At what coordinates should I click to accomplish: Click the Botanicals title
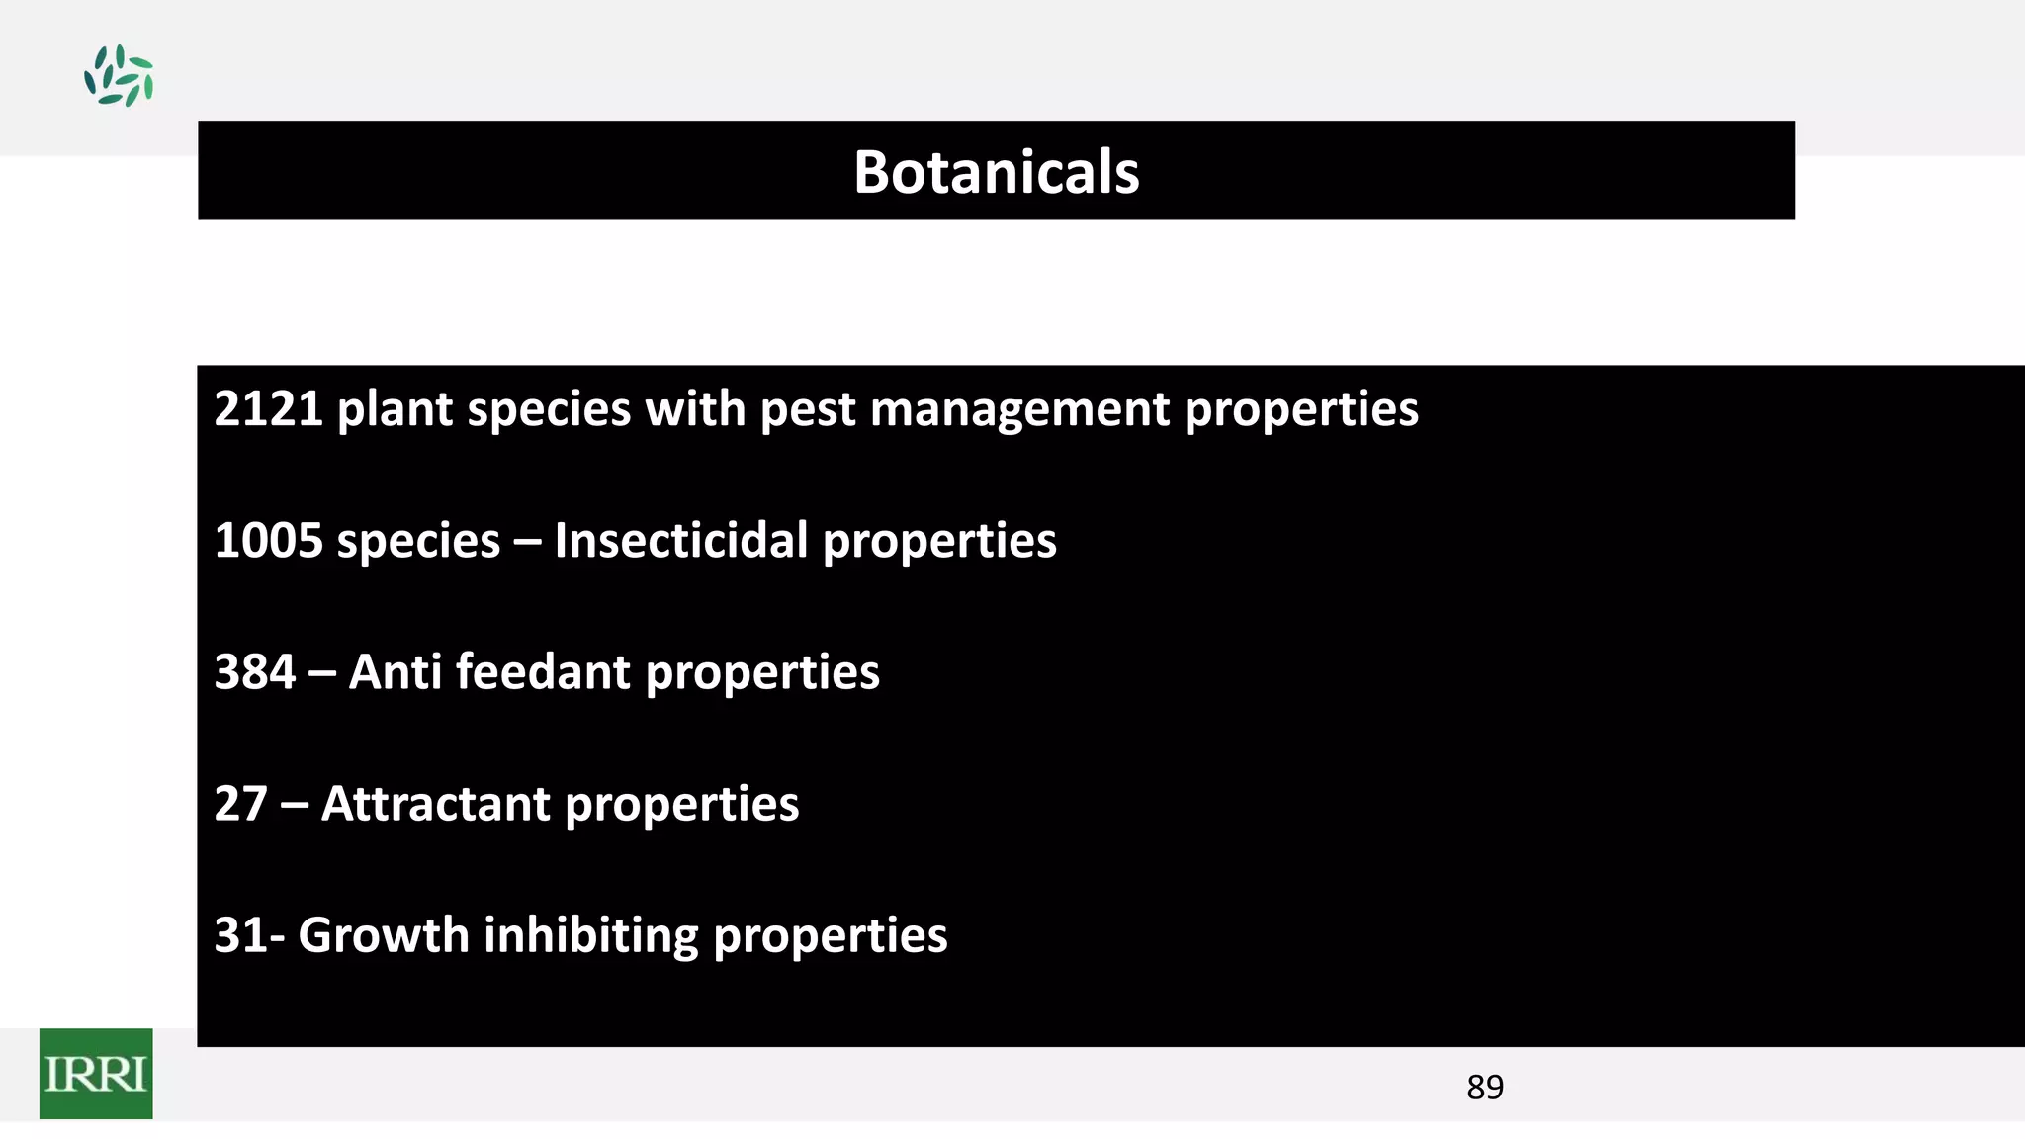(x=996, y=172)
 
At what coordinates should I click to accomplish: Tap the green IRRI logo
(x=96, y=1074)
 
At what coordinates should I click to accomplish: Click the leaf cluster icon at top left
(x=119, y=75)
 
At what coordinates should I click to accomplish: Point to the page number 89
(x=1485, y=1088)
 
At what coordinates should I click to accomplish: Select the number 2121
(x=268, y=408)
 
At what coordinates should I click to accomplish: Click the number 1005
(x=268, y=541)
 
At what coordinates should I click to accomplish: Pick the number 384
(x=254, y=672)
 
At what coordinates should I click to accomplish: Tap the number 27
(x=240, y=804)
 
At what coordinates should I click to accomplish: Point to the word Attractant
(x=435, y=804)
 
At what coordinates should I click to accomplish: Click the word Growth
(x=384, y=935)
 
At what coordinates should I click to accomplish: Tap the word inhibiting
(x=590, y=935)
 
